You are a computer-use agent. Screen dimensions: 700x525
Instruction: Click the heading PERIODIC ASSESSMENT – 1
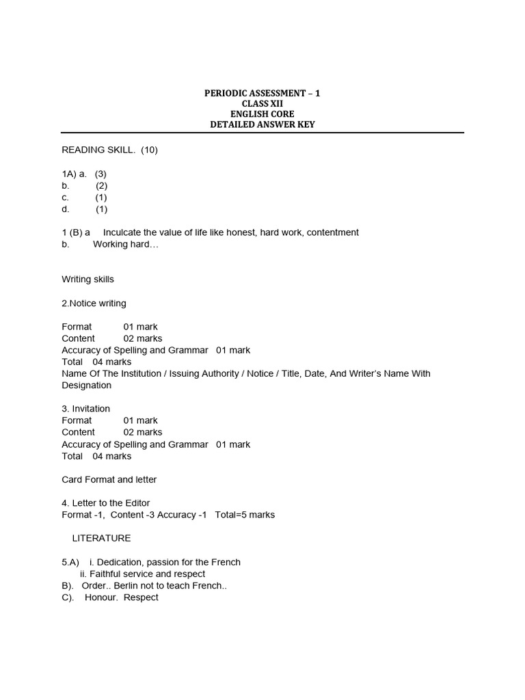[x=262, y=92]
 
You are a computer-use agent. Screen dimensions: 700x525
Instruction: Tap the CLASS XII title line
[x=262, y=103]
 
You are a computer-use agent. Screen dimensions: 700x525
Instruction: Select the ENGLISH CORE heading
[x=262, y=114]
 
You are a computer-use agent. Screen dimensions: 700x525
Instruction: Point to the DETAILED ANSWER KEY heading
[x=262, y=124]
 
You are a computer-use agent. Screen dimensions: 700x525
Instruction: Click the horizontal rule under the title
[x=262, y=133]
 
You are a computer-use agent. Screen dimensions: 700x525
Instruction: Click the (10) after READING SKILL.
[x=149, y=150]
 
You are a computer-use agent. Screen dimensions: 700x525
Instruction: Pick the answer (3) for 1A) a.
[x=100, y=174]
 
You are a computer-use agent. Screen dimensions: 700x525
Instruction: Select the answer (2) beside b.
[x=101, y=185]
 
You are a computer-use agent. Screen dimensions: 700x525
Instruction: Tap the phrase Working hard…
[x=125, y=244]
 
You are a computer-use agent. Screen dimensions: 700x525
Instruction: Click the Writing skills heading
[x=87, y=279]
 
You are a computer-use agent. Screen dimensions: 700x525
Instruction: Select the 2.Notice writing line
[x=94, y=303]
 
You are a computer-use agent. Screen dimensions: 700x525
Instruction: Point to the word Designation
[x=86, y=385]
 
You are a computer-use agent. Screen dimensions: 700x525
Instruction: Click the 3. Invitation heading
[x=85, y=409]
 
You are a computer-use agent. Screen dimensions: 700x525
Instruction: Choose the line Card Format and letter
[x=109, y=479]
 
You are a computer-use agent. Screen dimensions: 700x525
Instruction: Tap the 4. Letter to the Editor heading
[x=105, y=503]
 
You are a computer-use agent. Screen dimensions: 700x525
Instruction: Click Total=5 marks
[x=245, y=515]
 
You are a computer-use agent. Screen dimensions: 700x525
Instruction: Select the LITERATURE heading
[x=101, y=538]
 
